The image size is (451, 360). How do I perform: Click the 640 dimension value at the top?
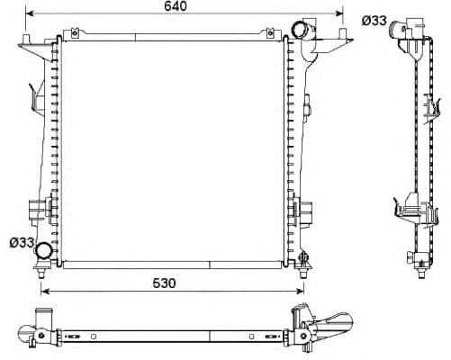pyautogui.click(x=176, y=8)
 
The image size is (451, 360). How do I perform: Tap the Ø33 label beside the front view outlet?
pyautogui.click(x=22, y=242)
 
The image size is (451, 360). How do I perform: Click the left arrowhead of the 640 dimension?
pyautogui.click(x=29, y=15)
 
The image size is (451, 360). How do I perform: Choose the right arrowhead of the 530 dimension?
pyautogui.click(x=301, y=291)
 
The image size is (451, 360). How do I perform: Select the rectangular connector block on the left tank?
pyautogui.click(x=35, y=210)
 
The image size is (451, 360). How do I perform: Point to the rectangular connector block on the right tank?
pyautogui.click(x=305, y=213)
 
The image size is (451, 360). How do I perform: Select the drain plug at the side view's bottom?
pyautogui.click(x=419, y=264)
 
